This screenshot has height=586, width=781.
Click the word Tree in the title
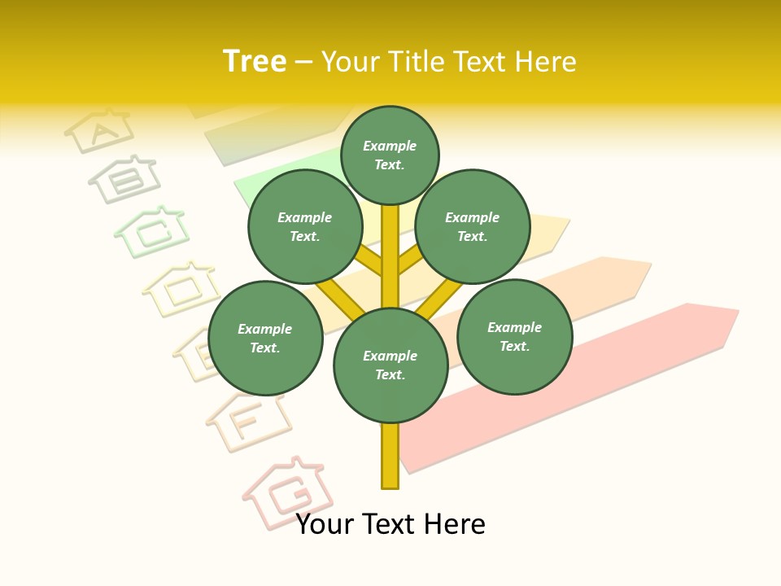tap(255, 62)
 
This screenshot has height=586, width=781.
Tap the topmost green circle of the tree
tap(390, 155)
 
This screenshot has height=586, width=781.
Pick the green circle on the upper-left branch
tap(305, 227)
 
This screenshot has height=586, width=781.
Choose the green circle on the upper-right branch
tap(473, 227)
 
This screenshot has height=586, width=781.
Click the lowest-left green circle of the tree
tap(265, 338)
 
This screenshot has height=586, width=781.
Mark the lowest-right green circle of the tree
tap(514, 336)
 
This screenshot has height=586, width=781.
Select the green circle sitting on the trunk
tap(390, 365)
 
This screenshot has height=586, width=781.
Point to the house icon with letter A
tap(98, 129)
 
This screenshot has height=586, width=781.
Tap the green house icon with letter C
tap(152, 230)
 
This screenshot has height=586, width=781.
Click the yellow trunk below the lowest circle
tap(390, 456)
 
